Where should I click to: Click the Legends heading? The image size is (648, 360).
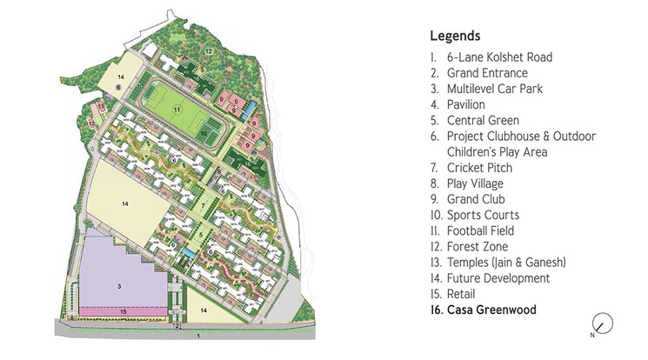tap(455, 37)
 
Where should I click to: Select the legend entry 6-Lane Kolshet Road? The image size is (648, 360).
tap(491, 57)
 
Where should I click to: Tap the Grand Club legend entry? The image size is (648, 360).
tap(470, 199)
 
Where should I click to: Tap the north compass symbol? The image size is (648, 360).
tap(602, 323)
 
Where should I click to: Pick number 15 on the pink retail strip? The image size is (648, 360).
tap(124, 310)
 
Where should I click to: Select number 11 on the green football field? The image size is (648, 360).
tap(176, 110)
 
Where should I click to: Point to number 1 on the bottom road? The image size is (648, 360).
tap(198, 335)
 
